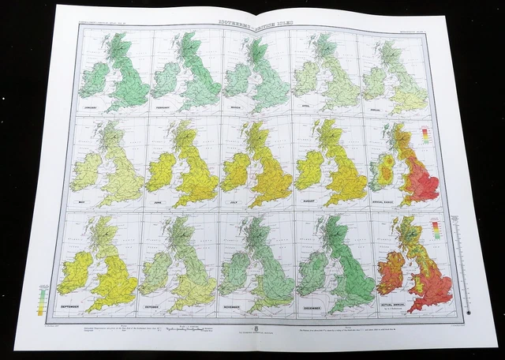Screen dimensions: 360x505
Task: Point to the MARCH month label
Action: pos(238,103)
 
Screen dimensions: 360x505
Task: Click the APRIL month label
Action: pos(308,103)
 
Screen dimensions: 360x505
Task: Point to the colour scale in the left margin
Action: pos(41,300)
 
